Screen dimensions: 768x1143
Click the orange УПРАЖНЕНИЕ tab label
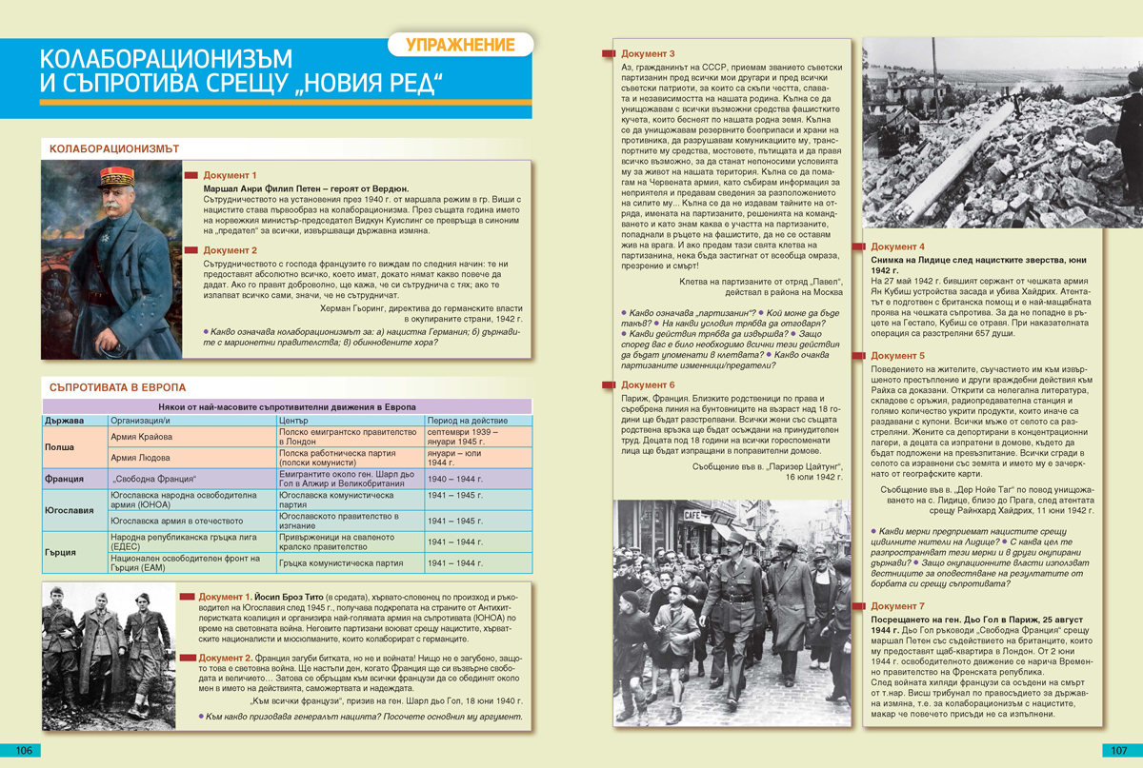click(460, 45)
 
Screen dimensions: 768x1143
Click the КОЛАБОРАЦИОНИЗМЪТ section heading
click(114, 149)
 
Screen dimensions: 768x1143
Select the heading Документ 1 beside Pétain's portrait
click(230, 176)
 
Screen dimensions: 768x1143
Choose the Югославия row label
click(70, 510)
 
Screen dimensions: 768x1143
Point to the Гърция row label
click(62, 552)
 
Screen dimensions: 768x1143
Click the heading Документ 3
click(647, 54)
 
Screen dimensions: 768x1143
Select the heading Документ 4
click(897, 246)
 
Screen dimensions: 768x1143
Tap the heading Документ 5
click(897, 356)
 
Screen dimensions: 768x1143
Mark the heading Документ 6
click(647, 384)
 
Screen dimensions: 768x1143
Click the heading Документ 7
click(897, 606)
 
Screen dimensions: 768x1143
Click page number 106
click(24, 751)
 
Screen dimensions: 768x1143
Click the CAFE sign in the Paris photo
click(692, 515)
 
